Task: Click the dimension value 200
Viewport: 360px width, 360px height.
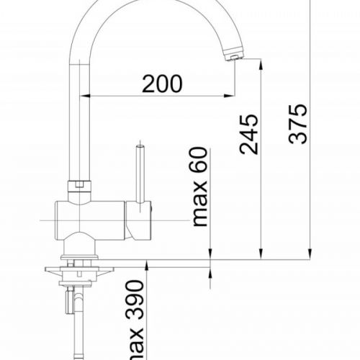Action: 162,84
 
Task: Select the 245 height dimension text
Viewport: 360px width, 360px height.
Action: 248,133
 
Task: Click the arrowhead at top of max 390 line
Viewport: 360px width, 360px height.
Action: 147,271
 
